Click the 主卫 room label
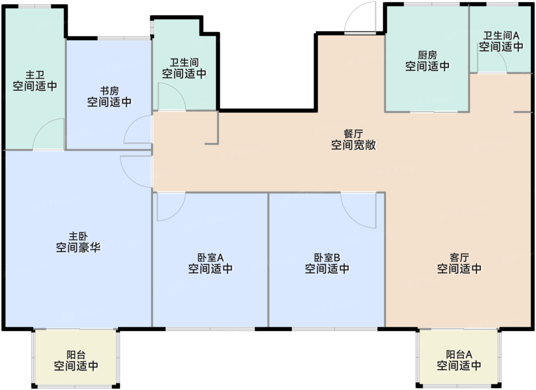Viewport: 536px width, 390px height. [x=35, y=75]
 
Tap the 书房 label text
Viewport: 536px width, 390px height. [x=109, y=91]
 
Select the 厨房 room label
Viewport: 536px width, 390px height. [x=427, y=55]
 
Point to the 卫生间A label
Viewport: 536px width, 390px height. [x=501, y=36]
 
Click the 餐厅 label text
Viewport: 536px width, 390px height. [x=353, y=134]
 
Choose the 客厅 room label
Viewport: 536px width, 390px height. [x=459, y=257]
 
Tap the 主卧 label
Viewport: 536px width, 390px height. [x=78, y=236]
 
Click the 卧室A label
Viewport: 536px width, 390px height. [x=210, y=257]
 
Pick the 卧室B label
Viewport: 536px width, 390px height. [x=327, y=257]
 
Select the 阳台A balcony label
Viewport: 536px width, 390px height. [x=459, y=355]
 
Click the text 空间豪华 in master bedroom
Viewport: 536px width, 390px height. [x=78, y=247]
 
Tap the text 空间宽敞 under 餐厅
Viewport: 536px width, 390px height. [x=353, y=145]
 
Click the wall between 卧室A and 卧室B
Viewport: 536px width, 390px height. [x=268, y=260]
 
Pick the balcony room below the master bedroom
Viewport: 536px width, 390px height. [x=76, y=358]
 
